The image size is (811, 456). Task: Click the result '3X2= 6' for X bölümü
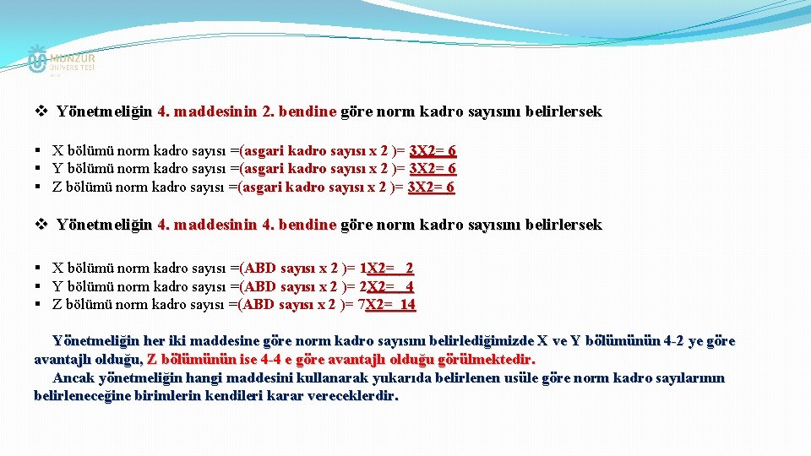click(x=433, y=151)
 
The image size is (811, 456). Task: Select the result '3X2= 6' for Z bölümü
click(x=431, y=187)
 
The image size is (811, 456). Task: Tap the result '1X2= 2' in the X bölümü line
click(x=387, y=269)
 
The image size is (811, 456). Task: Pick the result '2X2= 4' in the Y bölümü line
click(x=387, y=286)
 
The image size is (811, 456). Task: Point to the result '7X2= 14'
click(x=388, y=304)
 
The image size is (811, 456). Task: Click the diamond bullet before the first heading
click(x=41, y=111)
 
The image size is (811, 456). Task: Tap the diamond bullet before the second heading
click(x=41, y=225)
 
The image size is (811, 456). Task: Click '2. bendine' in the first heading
click(x=299, y=111)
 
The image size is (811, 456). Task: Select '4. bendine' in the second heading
click(x=299, y=225)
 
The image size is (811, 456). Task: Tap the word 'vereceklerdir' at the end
click(x=354, y=395)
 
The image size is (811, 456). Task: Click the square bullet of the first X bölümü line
click(x=40, y=151)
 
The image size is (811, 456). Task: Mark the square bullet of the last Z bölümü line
click(x=40, y=304)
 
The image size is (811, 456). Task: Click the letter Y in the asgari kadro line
click(x=57, y=169)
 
